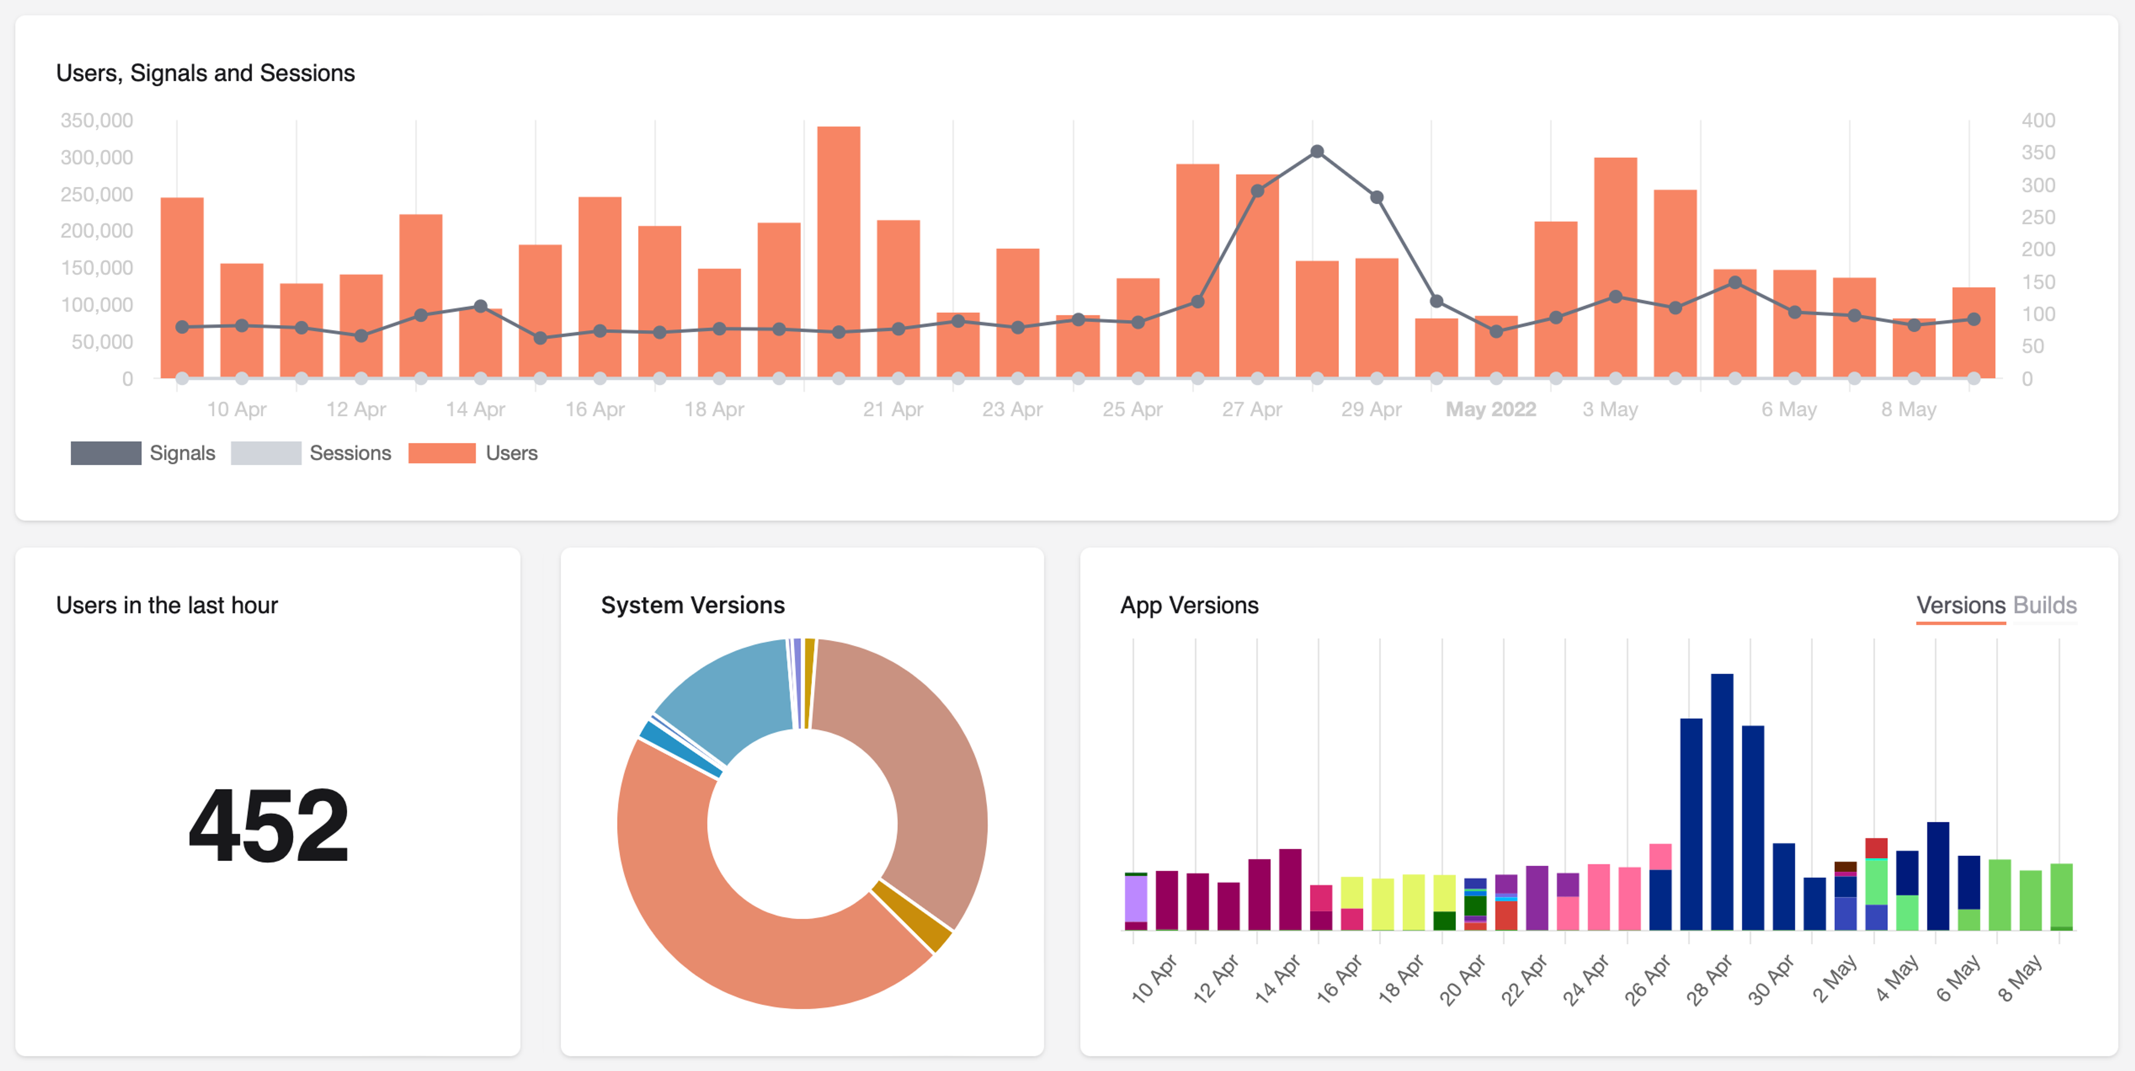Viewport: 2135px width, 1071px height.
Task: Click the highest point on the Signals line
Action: [x=1317, y=152]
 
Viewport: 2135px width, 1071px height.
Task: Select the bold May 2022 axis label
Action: [x=1490, y=409]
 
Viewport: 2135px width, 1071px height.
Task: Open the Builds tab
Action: [x=2045, y=605]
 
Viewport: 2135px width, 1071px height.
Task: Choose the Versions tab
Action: [x=1960, y=605]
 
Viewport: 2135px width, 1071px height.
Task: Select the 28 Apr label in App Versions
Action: [x=1709, y=980]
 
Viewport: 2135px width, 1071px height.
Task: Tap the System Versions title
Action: [x=692, y=605]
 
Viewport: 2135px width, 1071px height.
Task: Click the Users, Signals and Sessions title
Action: [x=206, y=73]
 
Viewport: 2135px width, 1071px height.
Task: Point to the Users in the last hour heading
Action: [x=167, y=605]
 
